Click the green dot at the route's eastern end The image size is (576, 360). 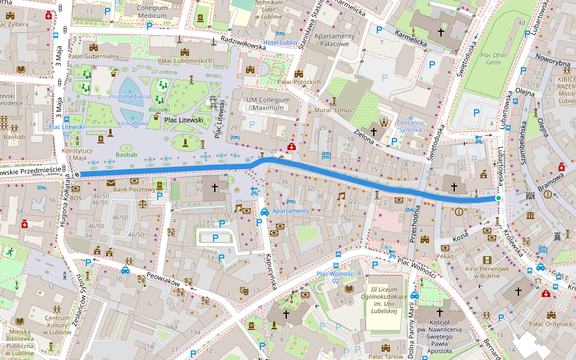(x=498, y=198)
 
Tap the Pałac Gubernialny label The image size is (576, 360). (x=94, y=56)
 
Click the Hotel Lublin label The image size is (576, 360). (x=280, y=43)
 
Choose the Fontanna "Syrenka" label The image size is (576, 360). (x=410, y=126)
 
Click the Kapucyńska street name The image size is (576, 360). (x=269, y=271)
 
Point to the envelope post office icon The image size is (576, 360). (x=111, y=182)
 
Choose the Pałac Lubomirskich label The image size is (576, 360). (x=185, y=61)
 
